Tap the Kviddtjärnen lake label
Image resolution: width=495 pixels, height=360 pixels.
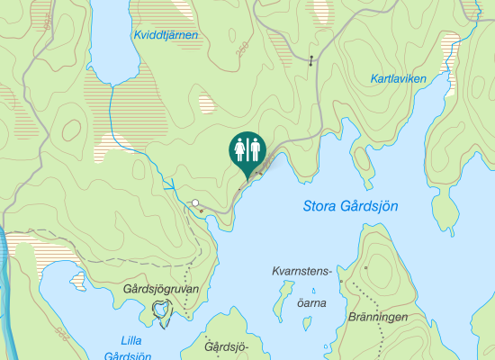[x=165, y=35]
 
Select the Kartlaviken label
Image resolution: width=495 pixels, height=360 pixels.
[x=398, y=79]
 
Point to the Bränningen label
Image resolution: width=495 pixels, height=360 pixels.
[x=377, y=318]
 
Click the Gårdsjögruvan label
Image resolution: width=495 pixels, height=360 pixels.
[x=160, y=289]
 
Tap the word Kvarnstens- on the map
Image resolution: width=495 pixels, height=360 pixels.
[x=302, y=270]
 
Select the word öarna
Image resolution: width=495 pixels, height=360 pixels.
[x=311, y=303]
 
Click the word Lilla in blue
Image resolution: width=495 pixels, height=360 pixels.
[x=137, y=340]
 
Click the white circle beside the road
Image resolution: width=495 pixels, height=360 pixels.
[x=194, y=202]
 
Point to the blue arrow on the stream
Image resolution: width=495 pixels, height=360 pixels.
[x=169, y=184]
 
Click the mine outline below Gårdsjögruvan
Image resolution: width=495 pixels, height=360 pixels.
[x=161, y=312]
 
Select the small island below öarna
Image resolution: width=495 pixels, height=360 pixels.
[x=312, y=292]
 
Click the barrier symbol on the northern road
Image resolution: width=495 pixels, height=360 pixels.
[x=311, y=61]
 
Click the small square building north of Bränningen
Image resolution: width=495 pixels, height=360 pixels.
[x=366, y=268]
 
